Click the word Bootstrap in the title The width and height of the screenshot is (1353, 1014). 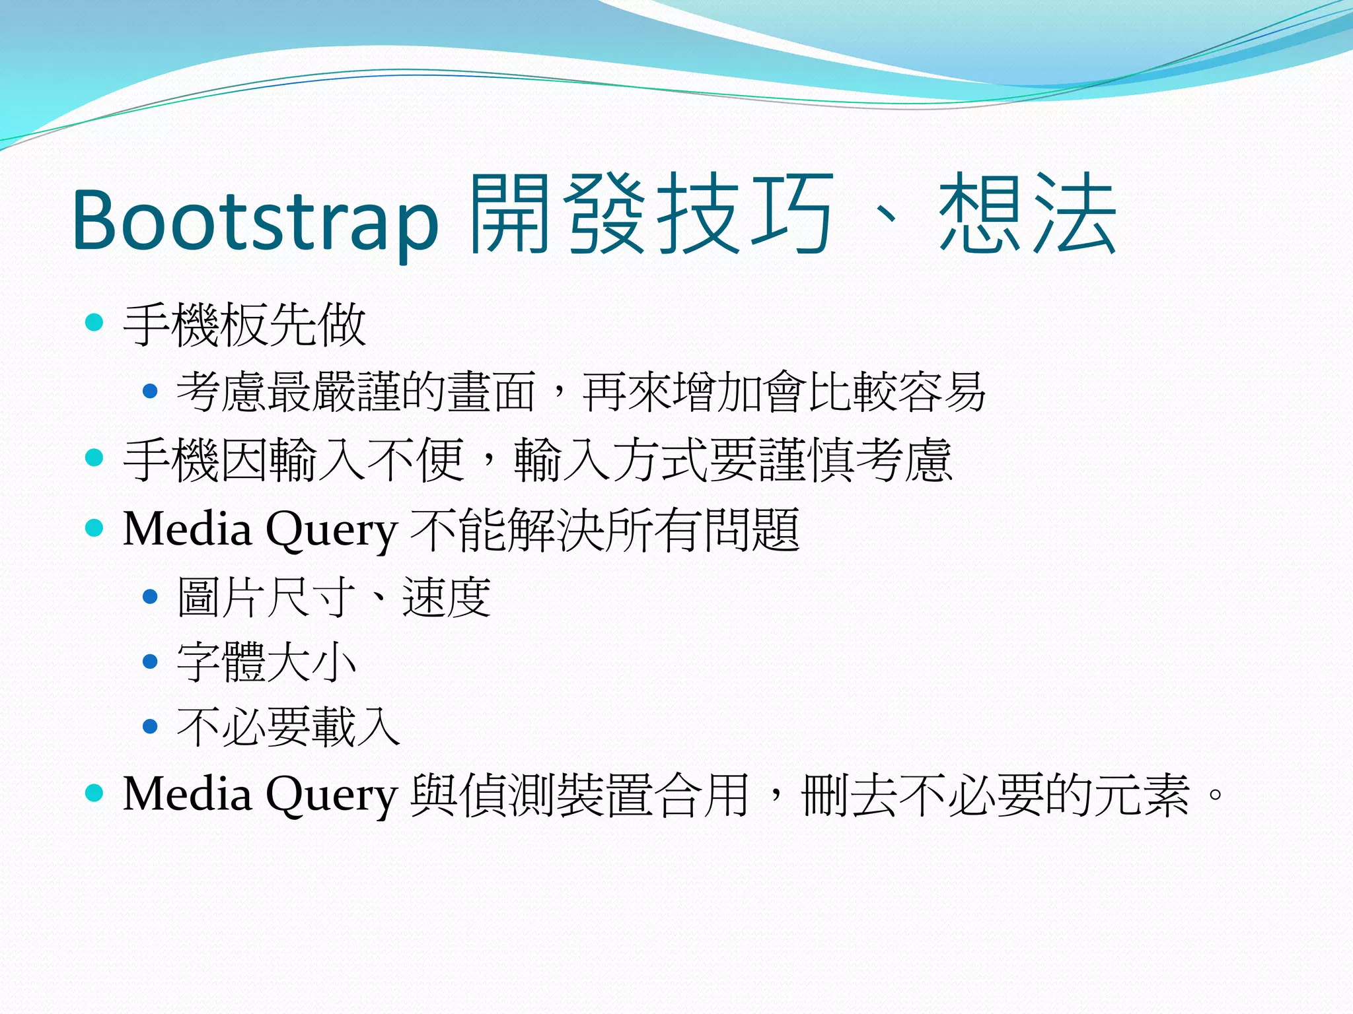point(256,219)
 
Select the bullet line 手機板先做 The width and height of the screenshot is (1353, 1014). point(244,324)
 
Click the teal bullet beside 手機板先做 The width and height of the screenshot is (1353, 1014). point(95,323)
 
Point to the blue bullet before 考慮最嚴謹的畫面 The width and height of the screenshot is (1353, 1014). point(151,391)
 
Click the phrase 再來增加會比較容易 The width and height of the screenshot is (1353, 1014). point(784,391)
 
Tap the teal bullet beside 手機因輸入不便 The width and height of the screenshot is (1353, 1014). point(95,457)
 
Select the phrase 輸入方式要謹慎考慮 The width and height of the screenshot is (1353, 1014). point(733,459)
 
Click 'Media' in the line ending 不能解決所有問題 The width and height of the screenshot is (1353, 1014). point(188,529)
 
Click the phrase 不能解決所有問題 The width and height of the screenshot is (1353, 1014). point(605,529)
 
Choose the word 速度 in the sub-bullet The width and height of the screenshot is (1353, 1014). point(447,597)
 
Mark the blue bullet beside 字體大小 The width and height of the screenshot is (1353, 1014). point(151,661)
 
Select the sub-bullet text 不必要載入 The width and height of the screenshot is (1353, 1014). point(289,727)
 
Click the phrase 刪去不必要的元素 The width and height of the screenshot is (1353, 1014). point(995,794)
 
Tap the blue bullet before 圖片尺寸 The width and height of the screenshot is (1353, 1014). point(151,597)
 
